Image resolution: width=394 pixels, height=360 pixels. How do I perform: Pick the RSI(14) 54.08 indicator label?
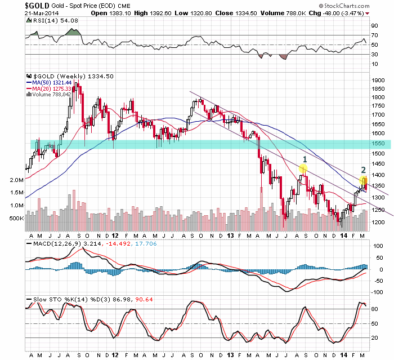point(48,20)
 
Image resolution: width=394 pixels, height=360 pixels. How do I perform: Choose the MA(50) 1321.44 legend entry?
point(53,82)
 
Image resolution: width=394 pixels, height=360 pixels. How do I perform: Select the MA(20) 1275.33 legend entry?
point(53,88)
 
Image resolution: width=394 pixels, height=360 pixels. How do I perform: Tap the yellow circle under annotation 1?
point(303,168)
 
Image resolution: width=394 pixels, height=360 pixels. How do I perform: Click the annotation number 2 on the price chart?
point(364,169)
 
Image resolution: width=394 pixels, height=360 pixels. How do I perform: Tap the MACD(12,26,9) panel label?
point(51,243)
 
